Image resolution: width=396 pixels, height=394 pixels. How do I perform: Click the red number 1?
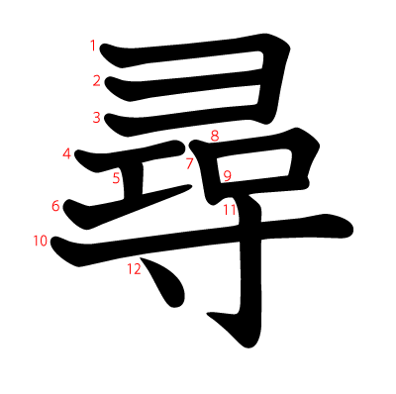pos(93,46)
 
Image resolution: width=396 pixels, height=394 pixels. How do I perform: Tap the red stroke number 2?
pos(97,81)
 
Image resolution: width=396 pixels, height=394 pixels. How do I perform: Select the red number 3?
pos(97,118)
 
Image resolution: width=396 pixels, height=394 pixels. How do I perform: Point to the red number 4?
pos(67,153)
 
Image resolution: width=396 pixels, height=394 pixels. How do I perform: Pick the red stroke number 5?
pos(116,178)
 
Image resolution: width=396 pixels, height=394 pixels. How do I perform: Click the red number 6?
pos(56,206)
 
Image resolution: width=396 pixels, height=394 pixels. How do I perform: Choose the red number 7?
pos(189,164)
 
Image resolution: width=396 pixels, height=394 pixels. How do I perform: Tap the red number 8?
pos(214,136)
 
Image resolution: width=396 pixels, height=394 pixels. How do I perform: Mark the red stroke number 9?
pos(227,177)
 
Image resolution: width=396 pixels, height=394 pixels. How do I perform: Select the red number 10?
pos(40,241)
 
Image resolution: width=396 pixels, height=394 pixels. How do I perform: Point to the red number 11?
pos(230,210)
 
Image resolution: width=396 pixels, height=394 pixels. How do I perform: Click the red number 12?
pos(134,268)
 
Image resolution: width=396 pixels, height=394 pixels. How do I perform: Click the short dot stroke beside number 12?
pos(163,286)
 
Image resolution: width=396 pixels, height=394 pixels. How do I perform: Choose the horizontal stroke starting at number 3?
pos(178,123)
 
